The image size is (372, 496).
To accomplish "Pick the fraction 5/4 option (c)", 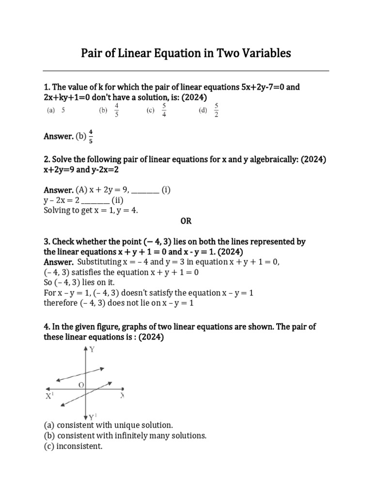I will pos(164,110).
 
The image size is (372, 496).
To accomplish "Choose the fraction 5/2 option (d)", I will pos(216,110).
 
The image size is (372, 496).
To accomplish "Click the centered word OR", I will pos(186,221).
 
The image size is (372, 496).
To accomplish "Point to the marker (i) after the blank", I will pos(166,190).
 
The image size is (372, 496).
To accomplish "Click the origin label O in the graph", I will pos(81,385).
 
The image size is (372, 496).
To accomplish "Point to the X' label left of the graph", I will pos(50,396).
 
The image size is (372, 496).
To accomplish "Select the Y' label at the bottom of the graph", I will pos(93,416).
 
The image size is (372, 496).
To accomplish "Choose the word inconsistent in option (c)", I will pos(80,446).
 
